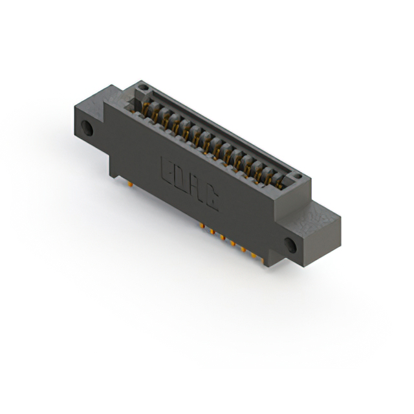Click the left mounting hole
coord(87,129)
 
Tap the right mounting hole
coord(290,245)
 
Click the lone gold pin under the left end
coord(131,184)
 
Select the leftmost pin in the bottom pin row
coord(202,226)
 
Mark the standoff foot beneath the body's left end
coord(114,173)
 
